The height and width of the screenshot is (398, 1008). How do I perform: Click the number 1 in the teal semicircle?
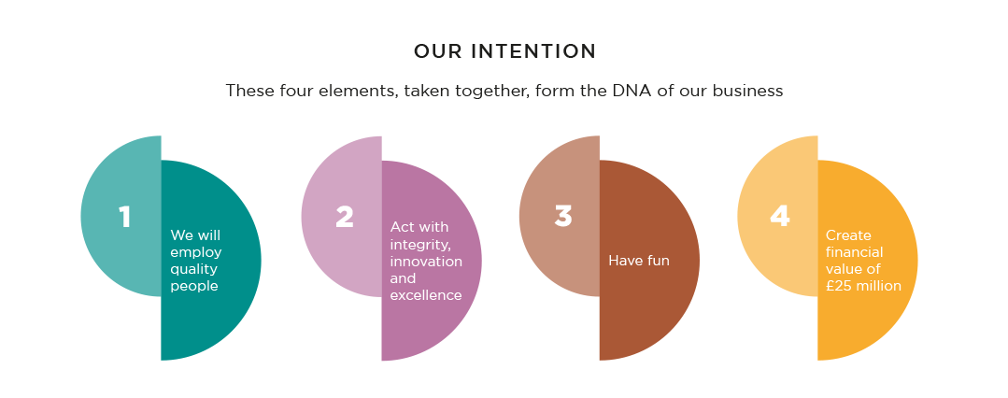coord(124,217)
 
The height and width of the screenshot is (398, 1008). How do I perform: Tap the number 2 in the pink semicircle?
coord(345,217)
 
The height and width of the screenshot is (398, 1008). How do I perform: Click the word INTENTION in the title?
coord(534,51)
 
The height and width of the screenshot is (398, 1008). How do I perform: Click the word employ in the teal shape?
coord(196,252)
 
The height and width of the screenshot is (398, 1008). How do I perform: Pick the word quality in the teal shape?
coord(194,269)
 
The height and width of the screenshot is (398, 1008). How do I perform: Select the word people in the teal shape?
coord(194,286)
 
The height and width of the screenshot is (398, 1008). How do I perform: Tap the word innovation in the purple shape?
coord(426,261)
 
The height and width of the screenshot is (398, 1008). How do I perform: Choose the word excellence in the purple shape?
coord(426,295)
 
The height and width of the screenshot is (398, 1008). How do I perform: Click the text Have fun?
coord(639,261)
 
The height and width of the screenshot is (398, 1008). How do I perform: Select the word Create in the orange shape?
coord(848,235)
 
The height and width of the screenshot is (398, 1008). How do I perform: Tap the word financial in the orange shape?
coord(855,252)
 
